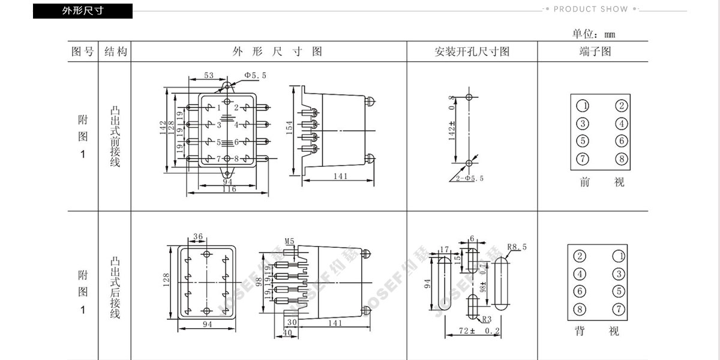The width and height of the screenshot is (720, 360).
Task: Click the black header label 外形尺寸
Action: (x=82, y=11)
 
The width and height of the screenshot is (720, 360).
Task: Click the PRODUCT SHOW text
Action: (x=590, y=9)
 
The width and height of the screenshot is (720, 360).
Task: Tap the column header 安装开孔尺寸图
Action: (x=472, y=52)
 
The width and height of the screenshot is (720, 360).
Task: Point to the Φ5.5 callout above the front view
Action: (x=255, y=75)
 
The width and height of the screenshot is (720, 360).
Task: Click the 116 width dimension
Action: (x=229, y=190)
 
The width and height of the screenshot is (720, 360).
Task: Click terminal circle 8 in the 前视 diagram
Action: (x=622, y=159)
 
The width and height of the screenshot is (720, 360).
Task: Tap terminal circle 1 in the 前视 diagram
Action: (x=582, y=106)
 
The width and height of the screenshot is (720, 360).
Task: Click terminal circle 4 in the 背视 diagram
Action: (x=580, y=274)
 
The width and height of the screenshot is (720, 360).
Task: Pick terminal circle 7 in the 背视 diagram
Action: (x=618, y=310)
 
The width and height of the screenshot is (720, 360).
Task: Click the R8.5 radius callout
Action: (x=517, y=247)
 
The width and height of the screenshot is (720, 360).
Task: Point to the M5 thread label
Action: (x=289, y=241)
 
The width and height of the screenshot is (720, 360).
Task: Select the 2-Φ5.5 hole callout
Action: (x=470, y=179)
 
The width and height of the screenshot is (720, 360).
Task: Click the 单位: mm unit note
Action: (x=593, y=34)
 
